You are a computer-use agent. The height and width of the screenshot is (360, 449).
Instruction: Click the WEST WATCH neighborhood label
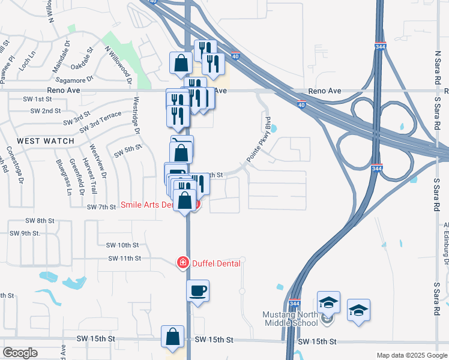click(x=46, y=141)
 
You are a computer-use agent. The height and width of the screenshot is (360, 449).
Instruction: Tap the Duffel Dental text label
click(x=216, y=263)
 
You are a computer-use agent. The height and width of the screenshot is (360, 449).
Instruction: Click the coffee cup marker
click(x=198, y=292)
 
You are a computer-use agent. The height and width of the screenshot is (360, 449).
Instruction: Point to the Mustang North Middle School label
click(x=290, y=319)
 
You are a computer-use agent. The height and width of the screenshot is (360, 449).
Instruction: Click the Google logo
click(x=20, y=353)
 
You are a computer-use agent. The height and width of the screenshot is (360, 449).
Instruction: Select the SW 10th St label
click(x=122, y=245)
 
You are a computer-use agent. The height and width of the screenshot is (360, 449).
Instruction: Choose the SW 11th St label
click(x=124, y=258)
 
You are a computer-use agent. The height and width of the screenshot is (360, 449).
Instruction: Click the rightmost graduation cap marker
click(x=358, y=310)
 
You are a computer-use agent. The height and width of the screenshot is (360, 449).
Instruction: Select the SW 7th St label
click(x=101, y=207)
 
